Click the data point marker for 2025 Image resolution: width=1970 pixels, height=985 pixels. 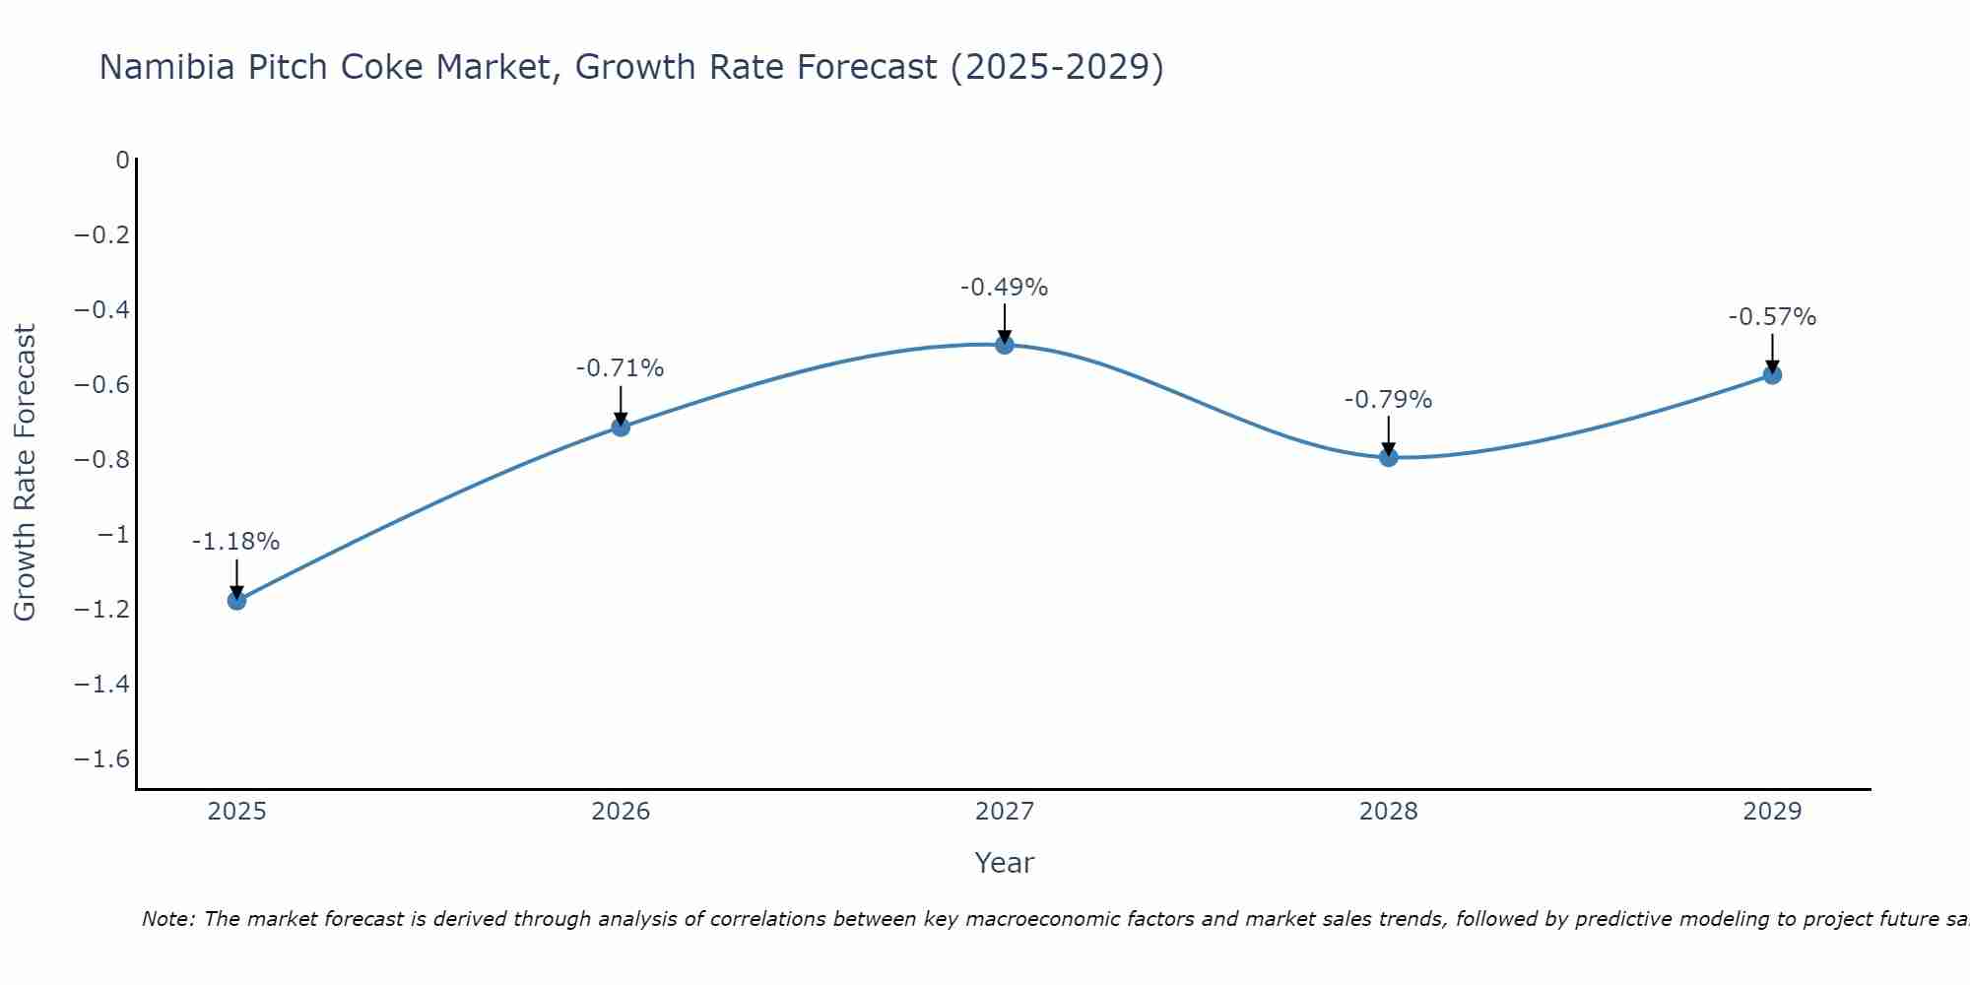point(236,600)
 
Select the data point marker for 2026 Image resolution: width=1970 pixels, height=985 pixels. point(621,427)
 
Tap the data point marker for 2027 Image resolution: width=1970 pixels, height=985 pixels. point(1005,345)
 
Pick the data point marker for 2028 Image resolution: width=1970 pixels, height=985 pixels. point(1389,457)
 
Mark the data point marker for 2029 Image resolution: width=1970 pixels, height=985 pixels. point(1772,374)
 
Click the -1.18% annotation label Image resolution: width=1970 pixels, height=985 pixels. point(235,542)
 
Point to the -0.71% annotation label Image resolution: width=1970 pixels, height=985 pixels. point(620,368)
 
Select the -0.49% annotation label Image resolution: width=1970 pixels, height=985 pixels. point(1004,288)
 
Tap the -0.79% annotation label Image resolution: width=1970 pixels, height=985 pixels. point(1388,400)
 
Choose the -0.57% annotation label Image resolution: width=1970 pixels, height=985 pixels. point(1772,317)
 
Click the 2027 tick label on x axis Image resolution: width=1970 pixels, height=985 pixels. point(1005,812)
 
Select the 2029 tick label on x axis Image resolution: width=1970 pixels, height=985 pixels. point(1772,812)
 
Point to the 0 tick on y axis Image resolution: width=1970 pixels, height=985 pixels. point(122,160)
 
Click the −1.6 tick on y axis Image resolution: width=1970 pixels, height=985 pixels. point(102,758)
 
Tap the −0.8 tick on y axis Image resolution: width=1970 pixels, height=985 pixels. point(102,459)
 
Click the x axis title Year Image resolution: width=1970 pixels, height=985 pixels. point(1004,863)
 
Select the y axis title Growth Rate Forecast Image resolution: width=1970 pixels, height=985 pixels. point(25,473)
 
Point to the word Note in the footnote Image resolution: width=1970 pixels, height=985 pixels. point(167,919)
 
